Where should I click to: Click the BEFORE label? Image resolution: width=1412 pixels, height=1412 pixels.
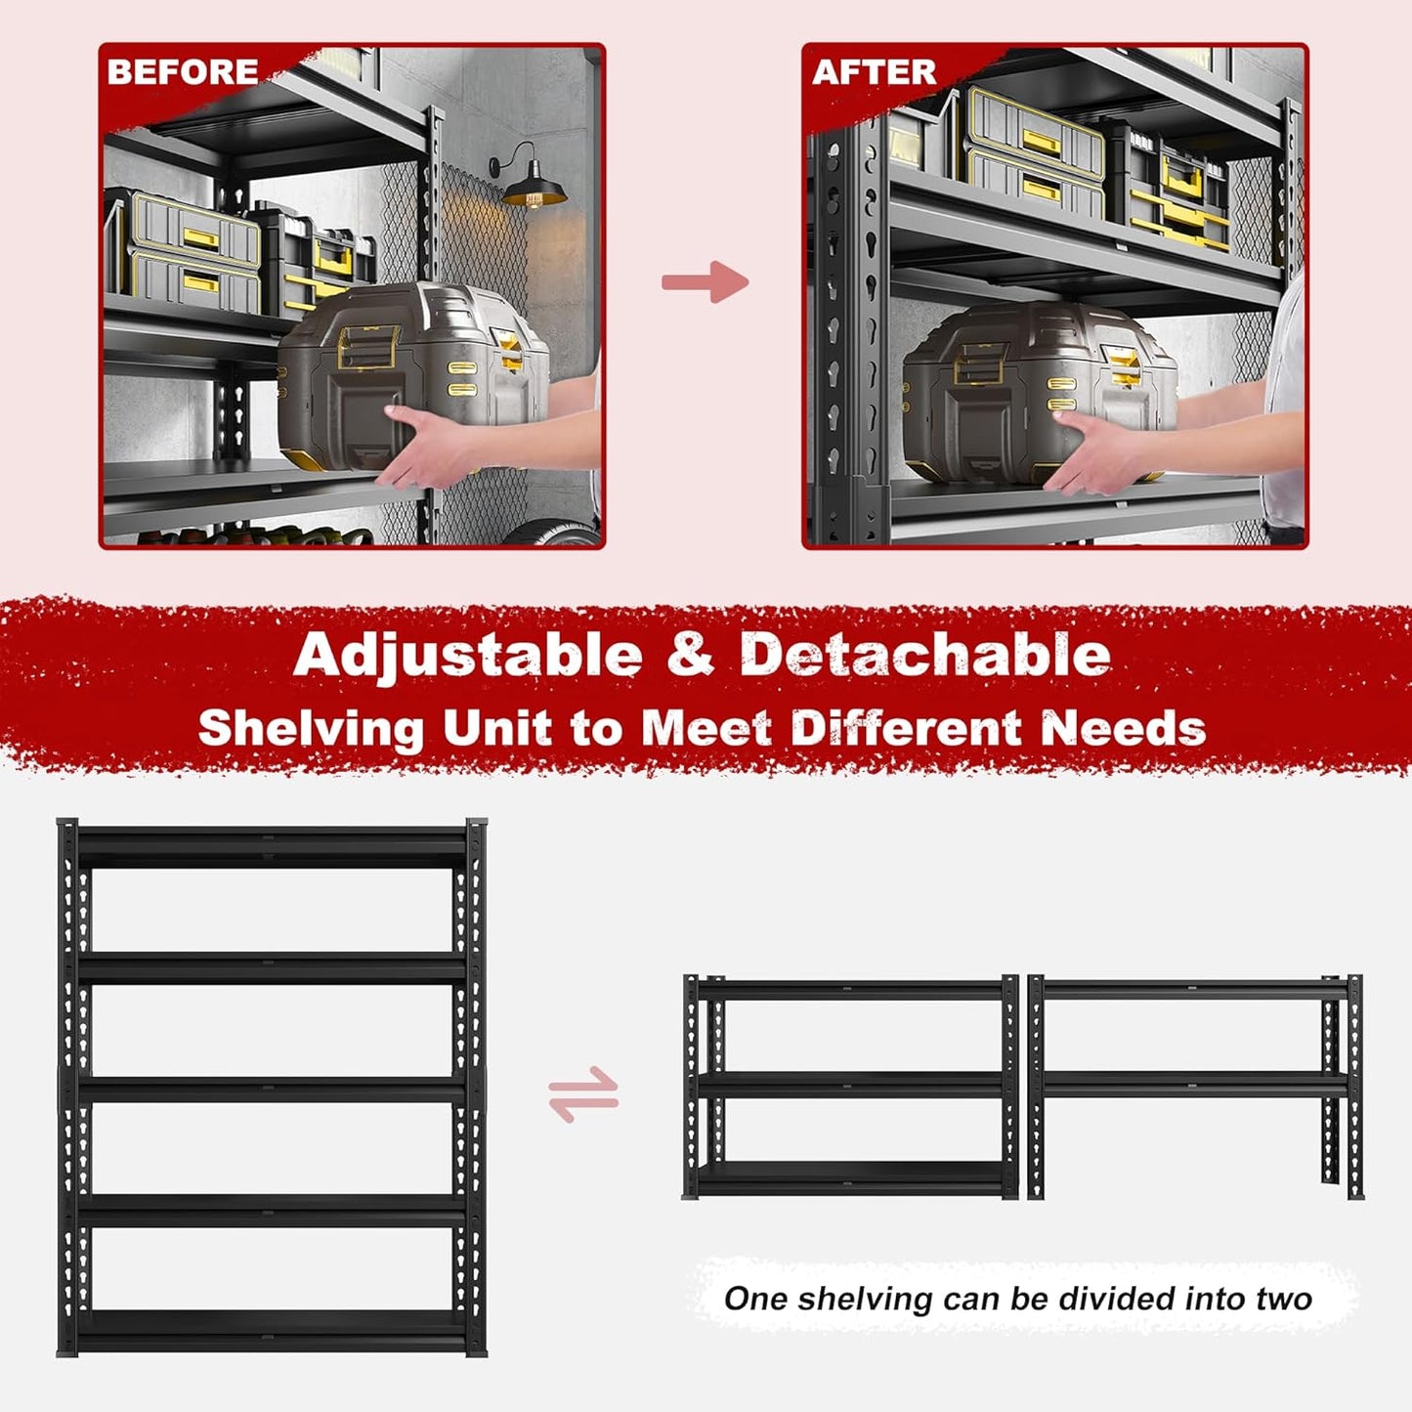183,72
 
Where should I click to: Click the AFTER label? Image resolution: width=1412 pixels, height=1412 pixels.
874,72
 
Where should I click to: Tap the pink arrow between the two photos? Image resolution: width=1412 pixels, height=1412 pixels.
705,282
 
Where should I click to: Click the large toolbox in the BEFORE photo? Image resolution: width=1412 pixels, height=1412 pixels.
410,371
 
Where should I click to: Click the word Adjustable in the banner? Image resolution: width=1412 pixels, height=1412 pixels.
468,655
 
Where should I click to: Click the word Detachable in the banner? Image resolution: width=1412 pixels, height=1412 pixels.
924,655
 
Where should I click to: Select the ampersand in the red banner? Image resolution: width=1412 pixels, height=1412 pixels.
691,655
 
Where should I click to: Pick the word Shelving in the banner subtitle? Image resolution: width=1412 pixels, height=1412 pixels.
311,729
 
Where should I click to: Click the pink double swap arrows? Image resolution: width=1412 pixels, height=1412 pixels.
583,1094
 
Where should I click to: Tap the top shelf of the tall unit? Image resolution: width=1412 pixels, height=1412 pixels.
272,845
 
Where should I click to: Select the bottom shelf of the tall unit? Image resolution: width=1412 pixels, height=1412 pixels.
272,1329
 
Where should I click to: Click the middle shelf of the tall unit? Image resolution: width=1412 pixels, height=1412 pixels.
272,1089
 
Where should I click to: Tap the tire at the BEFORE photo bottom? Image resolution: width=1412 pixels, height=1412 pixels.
552,533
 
